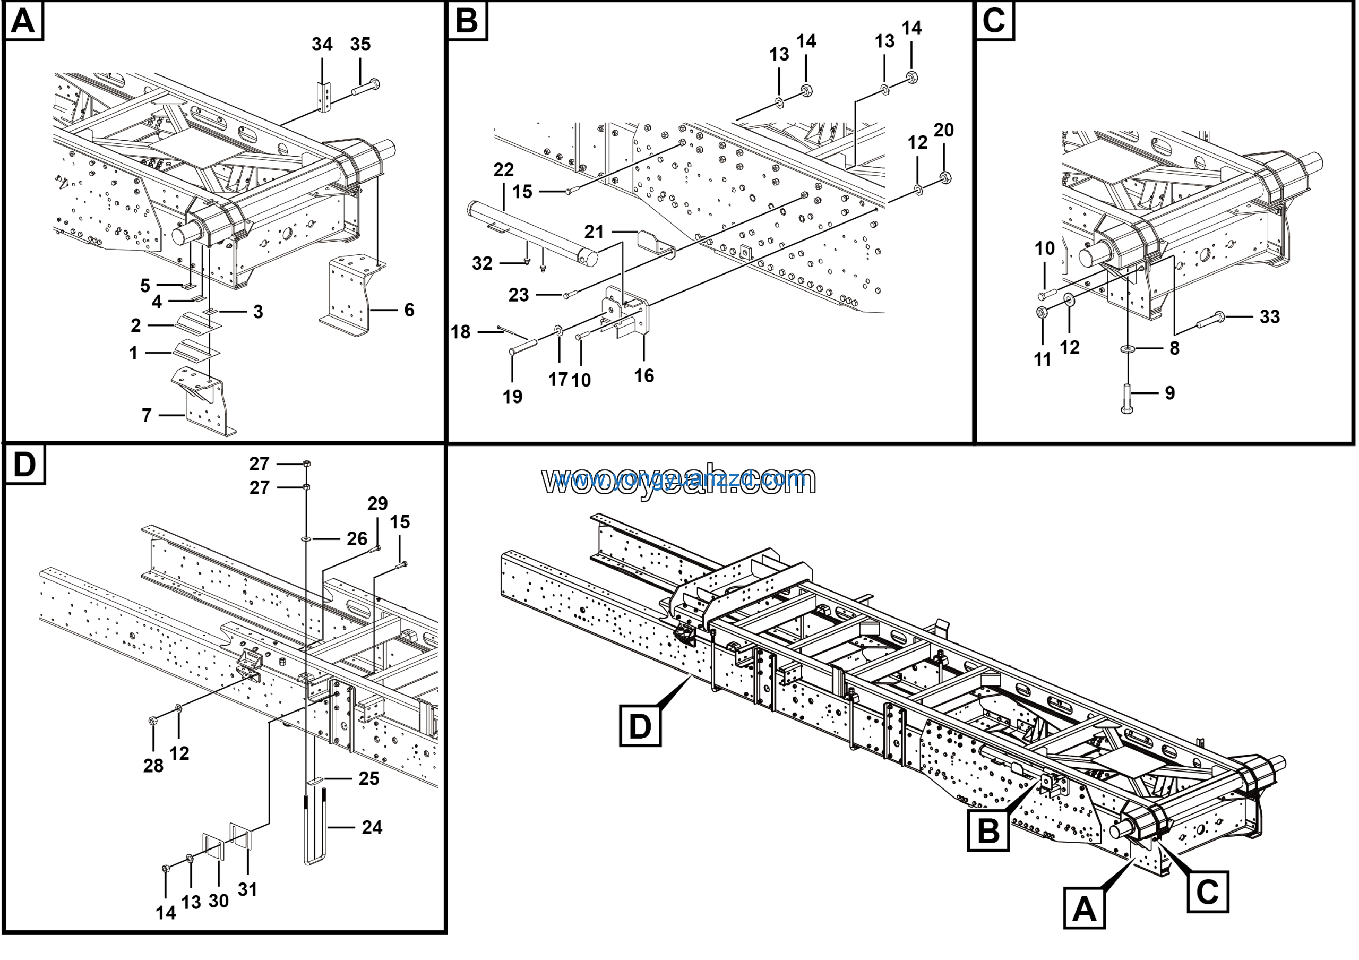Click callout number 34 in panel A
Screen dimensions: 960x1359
[x=322, y=45]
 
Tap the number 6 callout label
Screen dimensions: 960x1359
[x=409, y=310]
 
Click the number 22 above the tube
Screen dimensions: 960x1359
[x=503, y=170]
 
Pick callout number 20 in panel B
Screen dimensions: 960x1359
[x=943, y=130]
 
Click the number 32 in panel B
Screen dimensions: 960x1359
[x=482, y=264]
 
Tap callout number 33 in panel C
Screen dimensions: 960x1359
[x=1270, y=317]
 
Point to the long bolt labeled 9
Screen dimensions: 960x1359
[x=1127, y=398]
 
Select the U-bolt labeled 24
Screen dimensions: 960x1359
[x=315, y=826]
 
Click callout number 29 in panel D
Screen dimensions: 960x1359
[x=377, y=504]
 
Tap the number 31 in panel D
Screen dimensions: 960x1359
[x=247, y=889]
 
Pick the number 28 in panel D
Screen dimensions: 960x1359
[x=153, y=765]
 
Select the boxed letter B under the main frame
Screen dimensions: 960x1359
[x=988, y=830]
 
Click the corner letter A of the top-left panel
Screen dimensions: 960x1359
[x=24, y=21]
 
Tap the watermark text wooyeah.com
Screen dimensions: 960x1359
[x=679, y=480]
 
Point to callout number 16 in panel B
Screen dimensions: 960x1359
[x=644, y=376]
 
